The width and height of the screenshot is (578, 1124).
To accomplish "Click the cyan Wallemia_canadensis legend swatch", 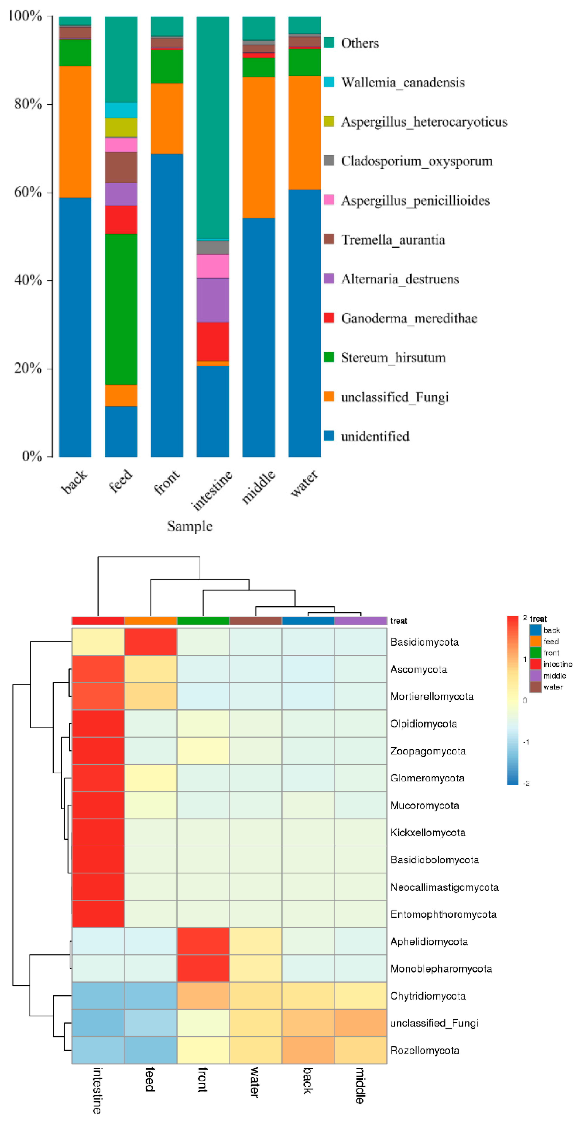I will coord(329,82).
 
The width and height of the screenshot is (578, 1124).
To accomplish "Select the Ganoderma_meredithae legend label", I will coord(409,318).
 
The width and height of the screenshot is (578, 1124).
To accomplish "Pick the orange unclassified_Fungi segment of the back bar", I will coord(75,132).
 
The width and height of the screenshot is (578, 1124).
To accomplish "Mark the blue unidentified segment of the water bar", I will coord(304,323).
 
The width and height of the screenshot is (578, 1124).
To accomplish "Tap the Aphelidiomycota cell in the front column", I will coord(203,941).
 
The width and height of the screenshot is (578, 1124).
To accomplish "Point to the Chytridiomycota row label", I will coord(428,996).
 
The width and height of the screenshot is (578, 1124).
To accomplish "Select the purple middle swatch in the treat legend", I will coord(535,675).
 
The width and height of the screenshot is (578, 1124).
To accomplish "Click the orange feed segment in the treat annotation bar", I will coord(151,620).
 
